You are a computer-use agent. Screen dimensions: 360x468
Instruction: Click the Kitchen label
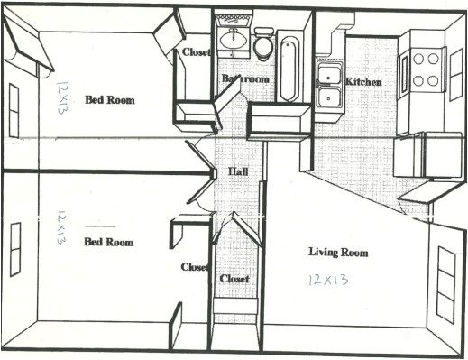[x=363, y=82]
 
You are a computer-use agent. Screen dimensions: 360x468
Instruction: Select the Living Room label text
[x=338, y=253]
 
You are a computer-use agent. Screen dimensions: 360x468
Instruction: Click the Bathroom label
[x=245, y=79]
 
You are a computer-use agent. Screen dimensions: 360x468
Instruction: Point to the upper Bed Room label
[x=110, y=100]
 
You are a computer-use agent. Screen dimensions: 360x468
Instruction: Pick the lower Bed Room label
[x=108, y=242]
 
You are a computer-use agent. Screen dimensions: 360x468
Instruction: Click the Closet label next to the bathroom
[x=197, y=52]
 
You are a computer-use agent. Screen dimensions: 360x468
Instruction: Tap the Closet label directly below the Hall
[x=234, y=279]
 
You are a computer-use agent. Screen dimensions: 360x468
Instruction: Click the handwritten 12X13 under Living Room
[x=326, y=280]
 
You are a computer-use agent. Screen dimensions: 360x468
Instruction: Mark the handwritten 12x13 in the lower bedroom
[x=60, y=228]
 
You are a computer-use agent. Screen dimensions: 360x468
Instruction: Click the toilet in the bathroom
[x=263, y=45]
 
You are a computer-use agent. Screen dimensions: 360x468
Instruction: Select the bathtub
[x=289, y=68]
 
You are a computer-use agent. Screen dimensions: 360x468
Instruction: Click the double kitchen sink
[x=328, y=86]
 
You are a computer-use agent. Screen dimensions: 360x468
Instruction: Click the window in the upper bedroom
[x=14, y=109]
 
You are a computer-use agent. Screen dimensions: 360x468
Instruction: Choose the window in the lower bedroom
[x=15, y=248]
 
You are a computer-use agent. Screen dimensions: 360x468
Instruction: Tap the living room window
[x=445, y=283]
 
